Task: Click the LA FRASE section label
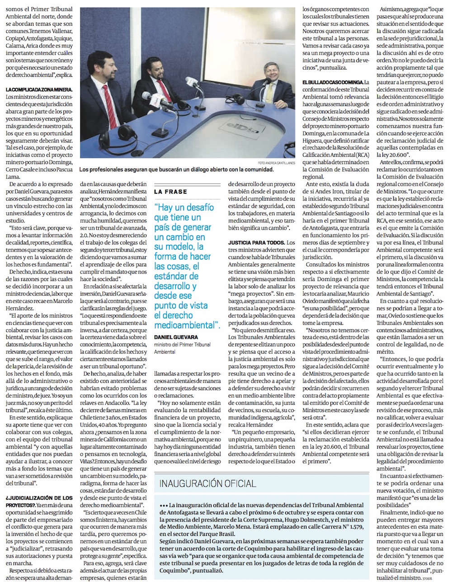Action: tap(170, 192)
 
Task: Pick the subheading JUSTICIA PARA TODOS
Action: tap(256, 243)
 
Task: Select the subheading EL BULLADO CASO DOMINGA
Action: tap(333, 82)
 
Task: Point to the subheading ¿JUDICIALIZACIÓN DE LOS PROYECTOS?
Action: tap(39, 501)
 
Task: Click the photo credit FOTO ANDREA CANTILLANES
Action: tap(273, 162)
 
